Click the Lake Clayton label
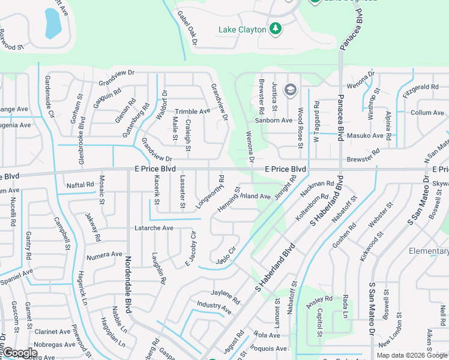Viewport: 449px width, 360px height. pyautogui.click(x=242, y=29)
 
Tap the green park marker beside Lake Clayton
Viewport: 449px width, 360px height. pyautogui.click(x=276, y=29)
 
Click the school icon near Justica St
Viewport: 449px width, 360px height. pyautogui.click(x=291, y=90)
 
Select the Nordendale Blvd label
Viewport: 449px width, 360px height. pyautogui.click(x=128, y=284)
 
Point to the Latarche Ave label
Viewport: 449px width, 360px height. pyautogui.click(x=154, y=228)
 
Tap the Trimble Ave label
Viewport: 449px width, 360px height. pyautogui.click(x=192, y=112)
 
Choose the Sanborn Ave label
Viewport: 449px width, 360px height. pyautogui.click(x=274, y=120)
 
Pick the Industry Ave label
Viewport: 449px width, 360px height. pyautogui.click(x=214, y=308)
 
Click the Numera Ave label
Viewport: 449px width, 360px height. pyautogui.click(x=104, y=254)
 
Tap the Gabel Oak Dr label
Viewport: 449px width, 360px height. pyautogui.click(x=187, y=28)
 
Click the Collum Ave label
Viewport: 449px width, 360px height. pyautogui.click(x=427, y=113)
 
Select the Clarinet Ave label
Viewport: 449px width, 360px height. pyautogui.click(x=52, y=331)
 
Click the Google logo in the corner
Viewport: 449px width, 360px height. pyautogui.click(x=20, y=353)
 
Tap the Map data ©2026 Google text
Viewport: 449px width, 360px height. pyautogui.click(x=412, y=355)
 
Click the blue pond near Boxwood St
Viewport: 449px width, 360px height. pyautogui.click(x=53, y=23)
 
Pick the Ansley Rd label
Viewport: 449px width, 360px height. pyautogui.click(x=319, y=302)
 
